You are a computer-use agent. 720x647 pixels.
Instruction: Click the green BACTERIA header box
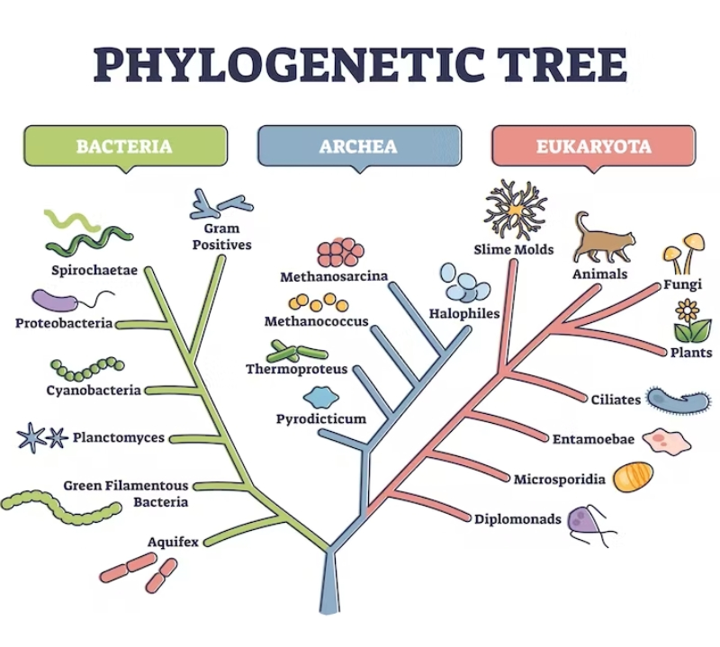coord(123,146)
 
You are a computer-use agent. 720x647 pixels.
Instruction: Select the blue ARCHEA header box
coord(358,146)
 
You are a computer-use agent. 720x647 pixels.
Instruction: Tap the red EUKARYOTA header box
coord(594,146)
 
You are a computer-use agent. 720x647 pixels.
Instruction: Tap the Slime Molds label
coord(514,249)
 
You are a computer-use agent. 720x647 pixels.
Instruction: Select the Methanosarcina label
coord(333,276)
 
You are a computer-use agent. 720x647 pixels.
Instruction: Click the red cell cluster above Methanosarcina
coord(341,251)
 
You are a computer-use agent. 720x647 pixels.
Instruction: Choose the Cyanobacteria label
coord(94,391)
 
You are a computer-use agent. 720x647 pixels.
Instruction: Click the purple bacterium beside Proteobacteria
coord(56,300)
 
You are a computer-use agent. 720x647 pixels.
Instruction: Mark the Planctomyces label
coord(119,438)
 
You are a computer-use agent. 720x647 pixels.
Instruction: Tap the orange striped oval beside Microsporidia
coord(634,477)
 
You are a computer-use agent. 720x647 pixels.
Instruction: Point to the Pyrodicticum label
coord(320,419)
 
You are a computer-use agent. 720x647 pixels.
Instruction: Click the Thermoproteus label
coord(296,370)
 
